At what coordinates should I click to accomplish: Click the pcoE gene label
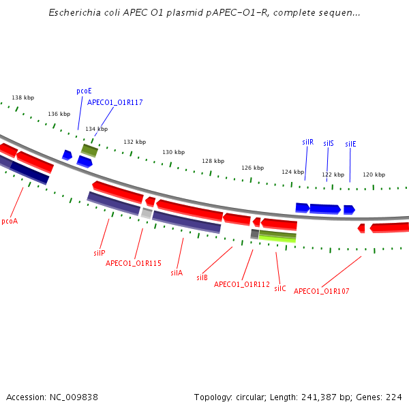84,90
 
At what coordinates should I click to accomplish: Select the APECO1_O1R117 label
115,102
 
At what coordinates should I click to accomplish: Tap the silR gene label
307,142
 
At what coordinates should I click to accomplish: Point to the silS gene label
329,143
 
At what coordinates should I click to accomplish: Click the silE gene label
350,144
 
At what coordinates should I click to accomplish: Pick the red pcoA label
10,221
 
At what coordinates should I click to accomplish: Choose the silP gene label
100,253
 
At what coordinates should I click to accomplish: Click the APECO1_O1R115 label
134,263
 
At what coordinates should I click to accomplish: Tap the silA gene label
177,273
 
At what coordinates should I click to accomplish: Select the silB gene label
202,277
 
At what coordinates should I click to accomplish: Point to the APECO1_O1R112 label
242,284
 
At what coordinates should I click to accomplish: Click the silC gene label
280,288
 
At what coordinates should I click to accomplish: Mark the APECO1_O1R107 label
322,291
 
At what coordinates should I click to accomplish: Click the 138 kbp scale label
23,98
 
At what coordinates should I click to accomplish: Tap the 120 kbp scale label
374,175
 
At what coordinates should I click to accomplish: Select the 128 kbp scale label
213,161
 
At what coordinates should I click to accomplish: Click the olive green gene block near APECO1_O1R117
89,149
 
